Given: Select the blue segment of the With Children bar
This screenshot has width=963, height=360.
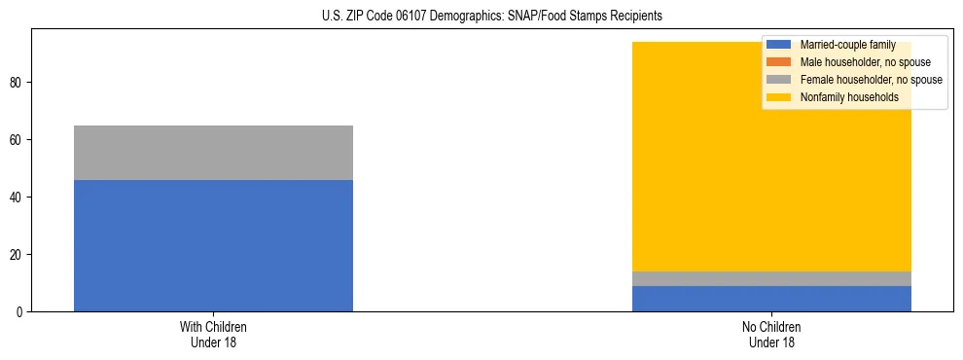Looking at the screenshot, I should click(x=213, y=245).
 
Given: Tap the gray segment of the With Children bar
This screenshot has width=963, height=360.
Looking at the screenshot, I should click(x=213, y=153).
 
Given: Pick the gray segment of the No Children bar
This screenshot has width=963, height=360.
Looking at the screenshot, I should click(x=771, y=278).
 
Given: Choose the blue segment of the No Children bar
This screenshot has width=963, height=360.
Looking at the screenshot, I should click(x=771, y=299).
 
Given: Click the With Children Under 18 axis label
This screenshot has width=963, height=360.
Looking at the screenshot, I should click(x=213, y=335).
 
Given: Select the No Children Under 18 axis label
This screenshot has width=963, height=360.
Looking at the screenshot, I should click(x=771, y=335).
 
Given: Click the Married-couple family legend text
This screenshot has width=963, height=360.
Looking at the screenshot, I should click(x=847, y=45).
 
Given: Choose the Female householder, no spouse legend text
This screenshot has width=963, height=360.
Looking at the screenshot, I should click(x=871, y=80).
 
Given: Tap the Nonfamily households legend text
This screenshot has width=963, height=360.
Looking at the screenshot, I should click(x=849, y=97).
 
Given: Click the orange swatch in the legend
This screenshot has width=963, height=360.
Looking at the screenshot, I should click(x=779, y=62).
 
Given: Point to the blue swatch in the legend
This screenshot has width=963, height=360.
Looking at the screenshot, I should click(x=779, y=45).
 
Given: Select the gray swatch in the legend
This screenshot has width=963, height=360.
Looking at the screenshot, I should click(x=779, y=80).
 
